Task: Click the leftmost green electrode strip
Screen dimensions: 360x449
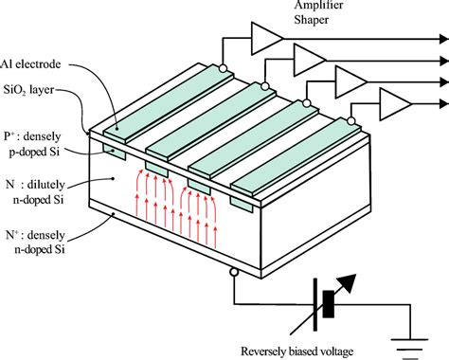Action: (x=153, y=110)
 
